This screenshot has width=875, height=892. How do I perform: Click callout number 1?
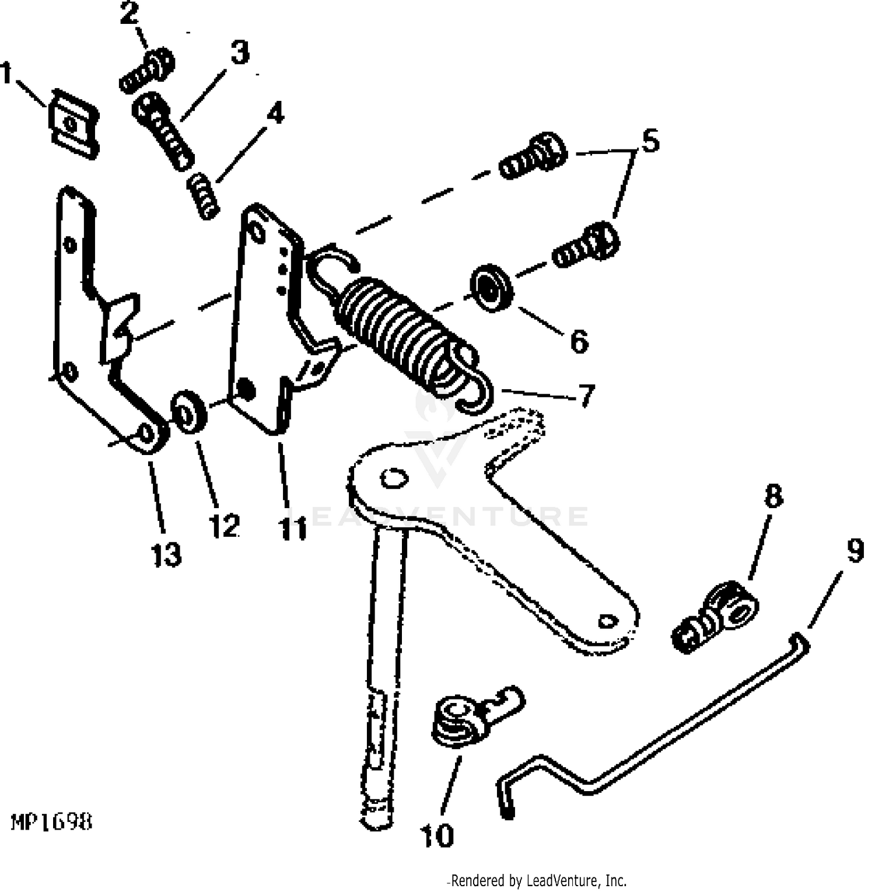(6, 75)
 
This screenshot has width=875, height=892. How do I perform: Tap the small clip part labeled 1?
(72, 124)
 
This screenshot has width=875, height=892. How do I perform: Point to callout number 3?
(239, 53)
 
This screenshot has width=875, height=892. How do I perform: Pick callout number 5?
(650, 142)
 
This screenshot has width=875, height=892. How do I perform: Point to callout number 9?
(854, 551)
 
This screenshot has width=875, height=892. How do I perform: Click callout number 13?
(166, 554)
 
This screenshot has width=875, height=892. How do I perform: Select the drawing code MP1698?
(51, 822)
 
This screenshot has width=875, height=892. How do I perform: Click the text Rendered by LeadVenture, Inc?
(537, 880)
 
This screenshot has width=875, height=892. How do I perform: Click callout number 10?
(436, 836)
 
